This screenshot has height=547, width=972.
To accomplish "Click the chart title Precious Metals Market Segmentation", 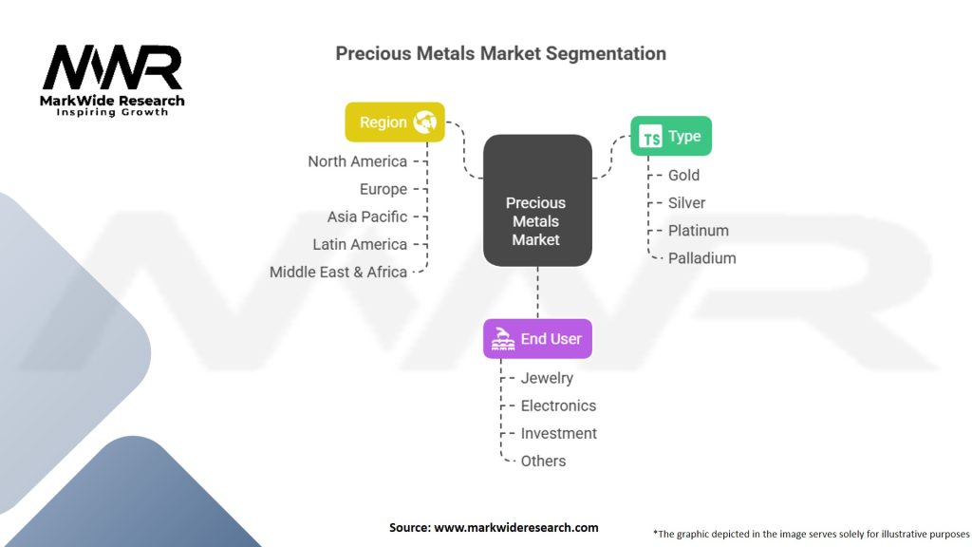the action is (500, 53).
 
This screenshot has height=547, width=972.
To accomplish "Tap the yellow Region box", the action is (395, 123).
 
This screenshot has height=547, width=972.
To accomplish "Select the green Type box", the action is (671, 136).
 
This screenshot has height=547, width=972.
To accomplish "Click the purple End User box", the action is (537, 339).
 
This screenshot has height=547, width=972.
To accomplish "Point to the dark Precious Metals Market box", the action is (537, 200).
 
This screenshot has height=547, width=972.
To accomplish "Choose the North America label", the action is (358, 161).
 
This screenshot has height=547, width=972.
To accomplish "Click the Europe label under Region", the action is (383, 189).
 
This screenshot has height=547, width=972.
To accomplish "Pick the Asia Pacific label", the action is (367, 217).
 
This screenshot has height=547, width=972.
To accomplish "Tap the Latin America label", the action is (360, 244).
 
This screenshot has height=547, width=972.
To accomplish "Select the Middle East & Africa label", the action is (338, 272).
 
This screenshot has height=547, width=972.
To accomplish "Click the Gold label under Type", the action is (683, 176).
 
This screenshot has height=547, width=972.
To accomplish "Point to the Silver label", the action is (687, 203).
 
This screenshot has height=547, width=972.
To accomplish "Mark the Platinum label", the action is (699, 231).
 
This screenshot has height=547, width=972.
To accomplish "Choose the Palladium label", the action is (702, 258).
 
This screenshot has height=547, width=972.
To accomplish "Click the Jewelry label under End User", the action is (547, 378).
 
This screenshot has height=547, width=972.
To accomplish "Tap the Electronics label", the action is (558, 406).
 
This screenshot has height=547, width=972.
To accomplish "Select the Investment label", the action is (558, 433).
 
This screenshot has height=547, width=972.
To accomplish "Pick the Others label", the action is (543, 461).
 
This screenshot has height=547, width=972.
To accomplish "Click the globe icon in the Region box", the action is (424, 122).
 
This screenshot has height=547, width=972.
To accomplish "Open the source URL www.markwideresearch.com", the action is (515, 528).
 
